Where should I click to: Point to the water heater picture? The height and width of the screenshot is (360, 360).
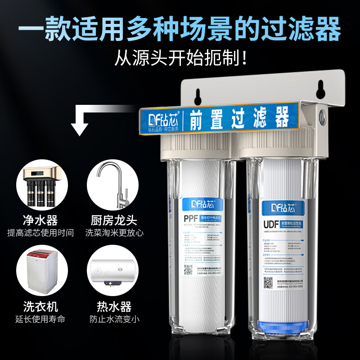111,273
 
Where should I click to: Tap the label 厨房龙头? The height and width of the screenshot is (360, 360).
111,221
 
